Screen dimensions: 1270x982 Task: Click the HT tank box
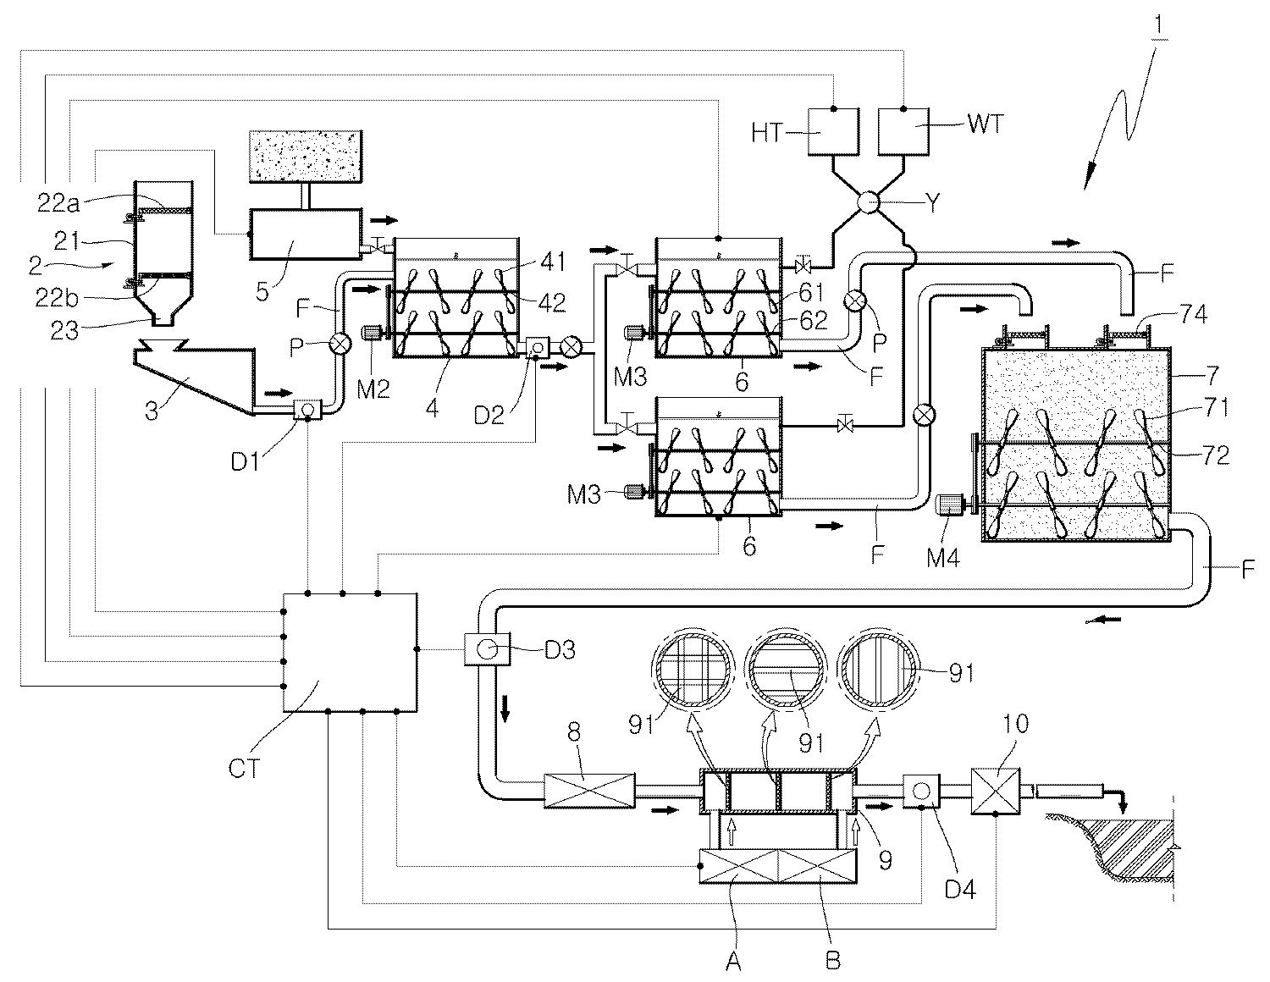833,132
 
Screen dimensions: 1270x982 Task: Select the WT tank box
903,132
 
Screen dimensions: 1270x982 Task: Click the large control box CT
350,653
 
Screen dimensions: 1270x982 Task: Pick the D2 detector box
537,348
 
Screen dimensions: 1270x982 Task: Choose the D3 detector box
487,648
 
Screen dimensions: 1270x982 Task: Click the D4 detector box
921,791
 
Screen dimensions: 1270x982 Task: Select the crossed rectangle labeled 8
589,791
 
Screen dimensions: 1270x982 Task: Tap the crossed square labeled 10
996,791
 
